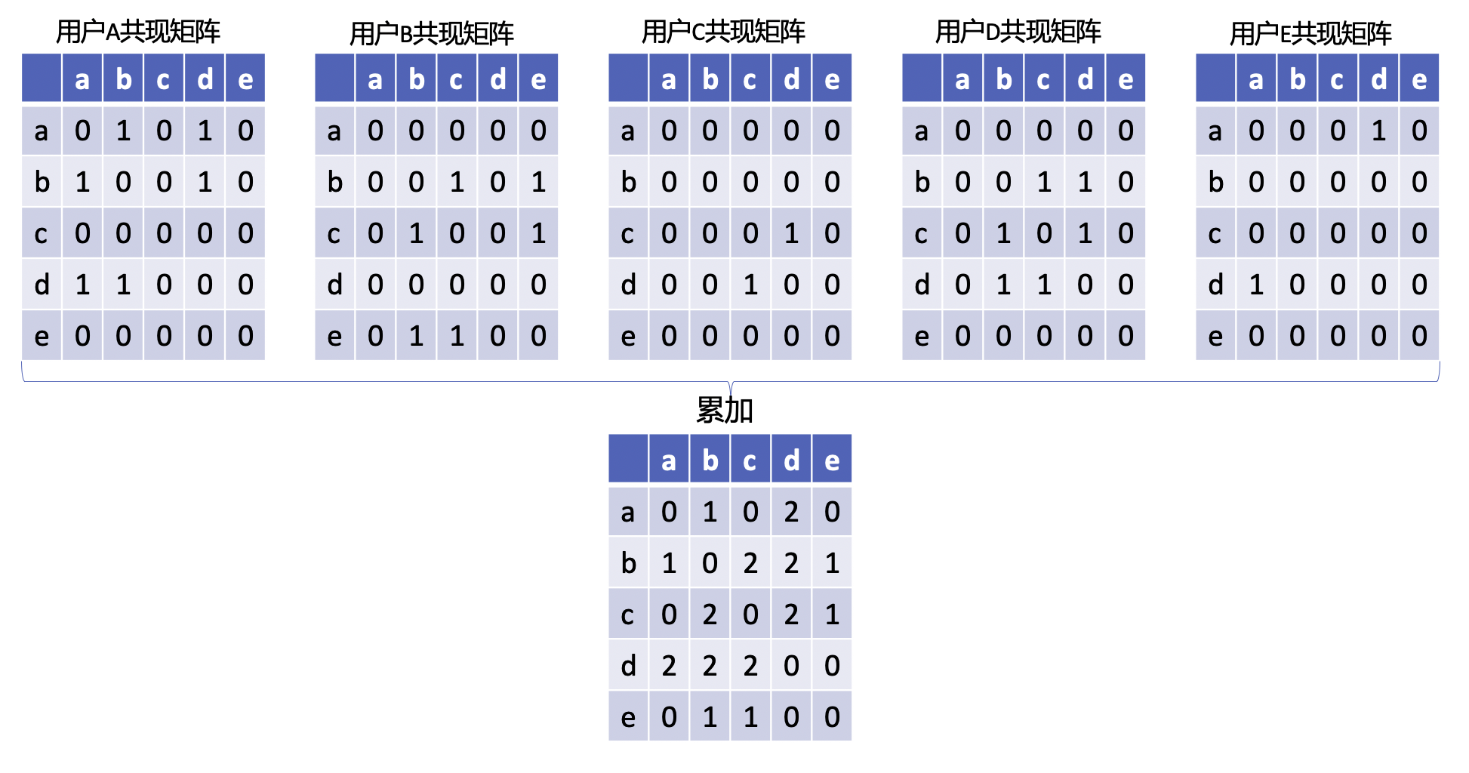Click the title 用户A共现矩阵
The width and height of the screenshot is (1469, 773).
(138, 32)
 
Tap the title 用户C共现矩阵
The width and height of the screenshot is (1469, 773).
(723, 32)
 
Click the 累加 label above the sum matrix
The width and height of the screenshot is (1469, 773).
(725, 410)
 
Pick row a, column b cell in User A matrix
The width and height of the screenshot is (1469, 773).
(123, 131)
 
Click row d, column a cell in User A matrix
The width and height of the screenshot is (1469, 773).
(82, 285)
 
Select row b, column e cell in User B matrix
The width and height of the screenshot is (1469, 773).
(538, 182)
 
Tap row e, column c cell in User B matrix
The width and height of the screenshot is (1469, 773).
(457, 336)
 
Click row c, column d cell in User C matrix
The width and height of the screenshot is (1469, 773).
(791, 233)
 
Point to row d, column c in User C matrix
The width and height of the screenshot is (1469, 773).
(750, 285)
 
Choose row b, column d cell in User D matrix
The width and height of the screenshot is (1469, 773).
(1085, 182)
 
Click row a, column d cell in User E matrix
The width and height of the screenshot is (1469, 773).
(1378, 131)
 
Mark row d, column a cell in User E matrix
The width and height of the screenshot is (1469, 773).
(1256, 285)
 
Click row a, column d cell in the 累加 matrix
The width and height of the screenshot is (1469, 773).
(791, 512)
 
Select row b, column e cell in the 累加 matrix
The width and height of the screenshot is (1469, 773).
(832, 563)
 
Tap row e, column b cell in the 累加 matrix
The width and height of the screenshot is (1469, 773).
(710, 717)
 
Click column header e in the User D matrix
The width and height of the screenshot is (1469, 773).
(1126, 79)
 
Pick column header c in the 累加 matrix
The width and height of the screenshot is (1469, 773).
(750, 460)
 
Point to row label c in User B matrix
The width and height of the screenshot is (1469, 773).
(334, 233)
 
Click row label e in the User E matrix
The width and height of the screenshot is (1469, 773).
(1215, 336)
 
